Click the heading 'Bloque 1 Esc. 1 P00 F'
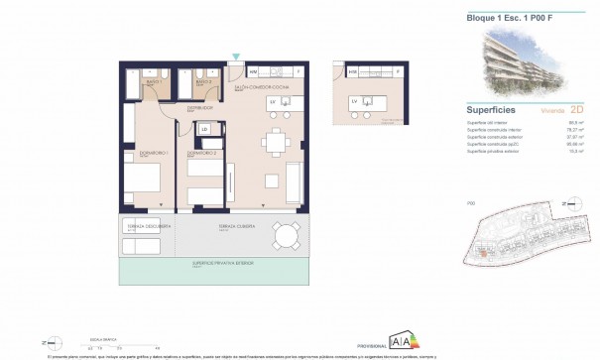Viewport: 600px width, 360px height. pyautogui.click(x=501, y=18)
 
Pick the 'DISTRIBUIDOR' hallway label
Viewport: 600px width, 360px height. pyautogui.click(x=174, y=107)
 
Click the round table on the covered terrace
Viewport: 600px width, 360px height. pyautogui.click(x=287, y=236)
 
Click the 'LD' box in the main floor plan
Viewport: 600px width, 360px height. pyautogui.click(x=205, y=129)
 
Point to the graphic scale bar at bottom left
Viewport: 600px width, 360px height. pyautogui.click(x=109, y=342)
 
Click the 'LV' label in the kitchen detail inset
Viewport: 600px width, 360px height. pyautogui.click(x=354, y=101)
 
